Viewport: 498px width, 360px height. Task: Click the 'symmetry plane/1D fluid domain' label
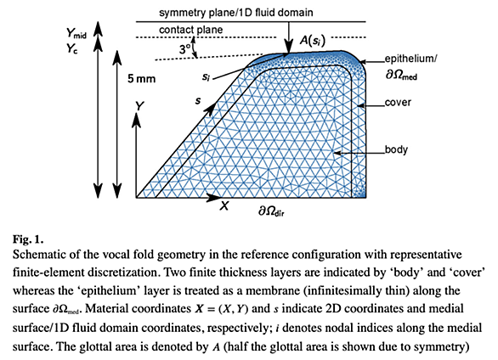pos(236,13)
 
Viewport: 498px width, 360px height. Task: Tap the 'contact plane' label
pos(191,30)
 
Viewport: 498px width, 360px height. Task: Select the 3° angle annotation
pos(185,49)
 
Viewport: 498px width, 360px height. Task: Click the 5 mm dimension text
pos(142,78)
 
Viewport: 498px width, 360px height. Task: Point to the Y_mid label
pos(76,33)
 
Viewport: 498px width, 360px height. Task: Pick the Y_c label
pos(71,48)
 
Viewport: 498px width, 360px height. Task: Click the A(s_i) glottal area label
pos(313,41)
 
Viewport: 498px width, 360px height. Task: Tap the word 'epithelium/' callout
pos(410,59)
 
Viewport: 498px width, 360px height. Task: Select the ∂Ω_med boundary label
pos(401,75)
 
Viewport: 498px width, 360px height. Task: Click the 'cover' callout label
pos(398,103)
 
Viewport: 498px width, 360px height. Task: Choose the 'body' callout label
pos(396,149)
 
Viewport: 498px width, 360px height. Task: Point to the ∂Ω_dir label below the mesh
pos(271,211)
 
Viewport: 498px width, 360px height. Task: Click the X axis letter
pos(224,206)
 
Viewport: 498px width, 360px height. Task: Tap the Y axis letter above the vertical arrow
pos(139,106)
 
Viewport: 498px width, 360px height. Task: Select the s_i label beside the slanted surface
pos(207,76)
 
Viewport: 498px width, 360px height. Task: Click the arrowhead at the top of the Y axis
pos(136,119)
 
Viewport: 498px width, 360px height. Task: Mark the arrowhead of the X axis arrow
pos(213,197)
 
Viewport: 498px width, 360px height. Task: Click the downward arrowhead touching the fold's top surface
pos(289,48)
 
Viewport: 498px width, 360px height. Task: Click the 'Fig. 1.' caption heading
pos(28,239)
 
